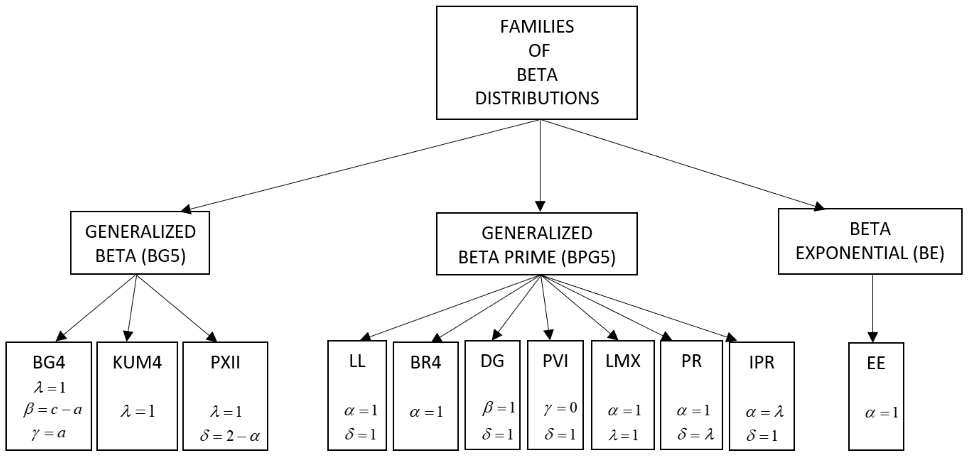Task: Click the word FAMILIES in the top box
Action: (x=537, y=27)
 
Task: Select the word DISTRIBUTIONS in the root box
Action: (x=537, y=99)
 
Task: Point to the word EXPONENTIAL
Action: (x=851, y=253)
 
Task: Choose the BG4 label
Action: (x=49, y=362)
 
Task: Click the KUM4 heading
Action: (x=137, y=362)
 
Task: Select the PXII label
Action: (x=225, y=362)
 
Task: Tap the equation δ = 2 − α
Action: (x=230, y=436)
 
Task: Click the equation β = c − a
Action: (x=53, y=410)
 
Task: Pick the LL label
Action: (x=357, y=361)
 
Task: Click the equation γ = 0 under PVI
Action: (x=560, y=407)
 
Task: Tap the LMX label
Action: (x=623, y=361)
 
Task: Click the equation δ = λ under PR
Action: (x=696, y=434)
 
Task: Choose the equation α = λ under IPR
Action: (x=764, y=412)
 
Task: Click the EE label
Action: (x=876, y=363)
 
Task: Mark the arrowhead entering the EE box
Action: (x=873, y=337)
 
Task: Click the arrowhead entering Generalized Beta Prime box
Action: (x=540, y=207)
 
